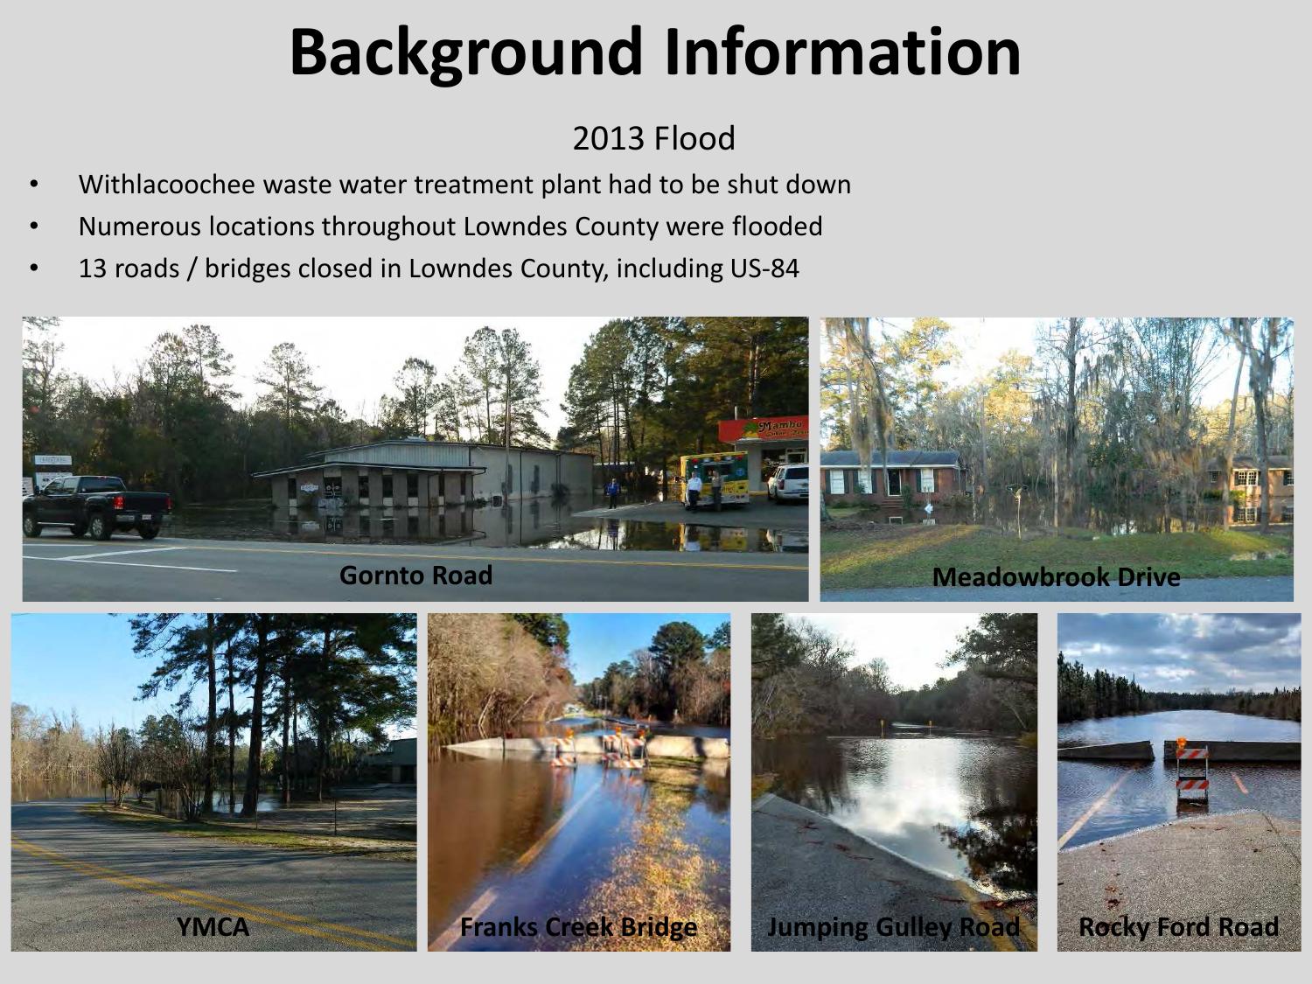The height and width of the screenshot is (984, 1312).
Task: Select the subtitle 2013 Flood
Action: click(x=654, y=138)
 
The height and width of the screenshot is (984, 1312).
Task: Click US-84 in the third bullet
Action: click(x=764, y=269)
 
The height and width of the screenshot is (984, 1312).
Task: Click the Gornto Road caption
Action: click(x=416, y=576)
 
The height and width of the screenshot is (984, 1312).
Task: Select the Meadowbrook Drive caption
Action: click(x=1057, y=577)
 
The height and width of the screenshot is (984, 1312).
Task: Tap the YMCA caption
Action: click(x=213, y=926)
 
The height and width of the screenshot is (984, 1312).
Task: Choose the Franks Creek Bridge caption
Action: click(x=579, y=927)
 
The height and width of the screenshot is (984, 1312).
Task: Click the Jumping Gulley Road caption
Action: click(x=894, y=927)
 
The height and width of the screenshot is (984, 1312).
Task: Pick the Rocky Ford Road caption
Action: click(x=1179, y=926)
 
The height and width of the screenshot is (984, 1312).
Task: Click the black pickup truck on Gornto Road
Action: click(x=97, y=506)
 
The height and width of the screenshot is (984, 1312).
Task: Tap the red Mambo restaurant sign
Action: click(x=764, y=429)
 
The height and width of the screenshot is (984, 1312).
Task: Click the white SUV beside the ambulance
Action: click(x=788, y=484)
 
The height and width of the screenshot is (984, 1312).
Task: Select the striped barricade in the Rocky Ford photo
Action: click(x=1192, y=775)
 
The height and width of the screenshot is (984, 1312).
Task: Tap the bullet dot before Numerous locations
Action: click(x=34, y=227)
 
